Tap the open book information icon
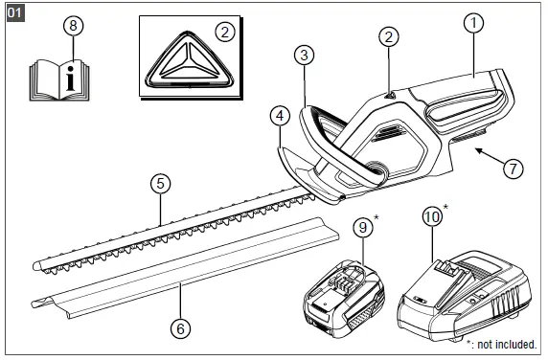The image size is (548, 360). point(72,76)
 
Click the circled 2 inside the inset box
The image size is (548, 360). point(224,32)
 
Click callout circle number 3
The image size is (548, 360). point(303,56)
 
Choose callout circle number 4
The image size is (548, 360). point(279,116)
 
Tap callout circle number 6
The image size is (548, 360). point(179,326)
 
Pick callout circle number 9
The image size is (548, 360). point(360,228)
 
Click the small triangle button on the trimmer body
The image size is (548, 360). point(389,94)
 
